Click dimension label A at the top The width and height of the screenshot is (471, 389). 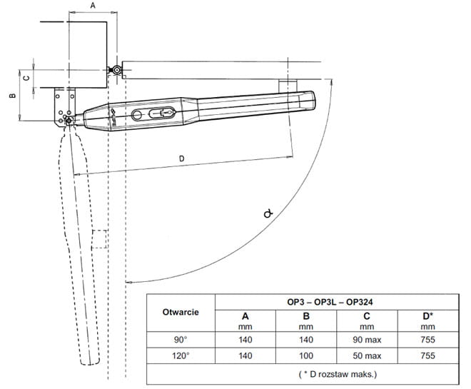pos(93,6)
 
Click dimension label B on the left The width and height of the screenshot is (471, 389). pos(12,96)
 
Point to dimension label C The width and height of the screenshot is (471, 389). pos(26,78)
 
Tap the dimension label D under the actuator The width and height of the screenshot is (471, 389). pos(181,158)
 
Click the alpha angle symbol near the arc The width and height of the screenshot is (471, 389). pos(268,213)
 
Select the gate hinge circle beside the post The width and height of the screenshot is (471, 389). pos(116,70)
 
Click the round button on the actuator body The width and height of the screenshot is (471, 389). pos(137,115)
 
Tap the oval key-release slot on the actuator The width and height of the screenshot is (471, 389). pos(161,113)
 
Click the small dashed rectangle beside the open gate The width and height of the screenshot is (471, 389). pos(99,239)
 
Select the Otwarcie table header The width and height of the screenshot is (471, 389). pos(181,312)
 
